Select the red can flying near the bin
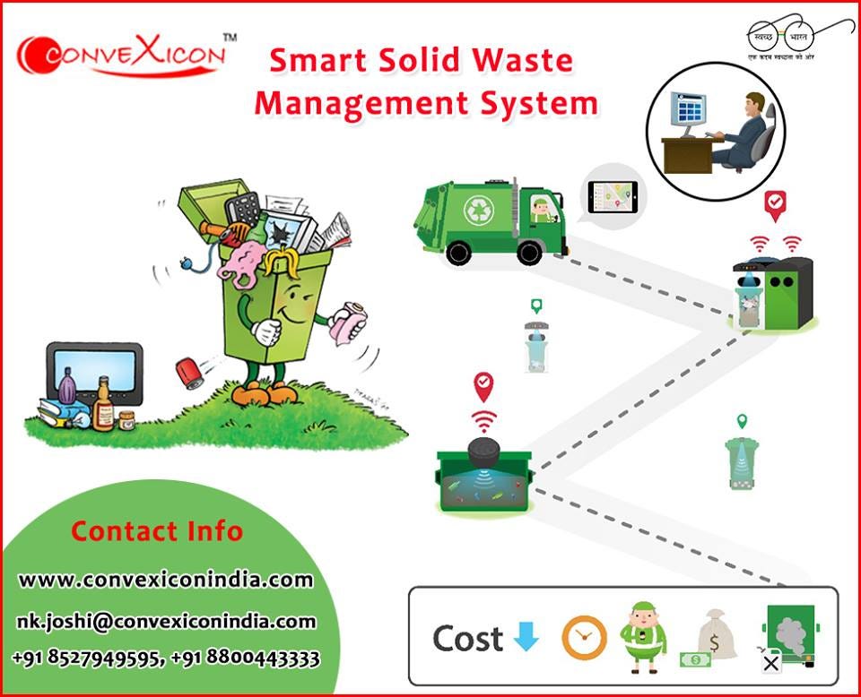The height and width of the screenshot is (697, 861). [191, 371]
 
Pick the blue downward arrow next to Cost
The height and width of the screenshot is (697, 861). [526, 637]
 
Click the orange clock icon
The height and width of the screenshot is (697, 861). [584, 638]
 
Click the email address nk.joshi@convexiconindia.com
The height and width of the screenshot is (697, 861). [166, 620]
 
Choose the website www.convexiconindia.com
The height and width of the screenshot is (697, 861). [166, 580]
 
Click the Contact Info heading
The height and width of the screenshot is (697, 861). [157, 530]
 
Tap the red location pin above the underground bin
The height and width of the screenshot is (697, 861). [483, 386]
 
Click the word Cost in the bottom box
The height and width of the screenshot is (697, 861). [467, 638]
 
